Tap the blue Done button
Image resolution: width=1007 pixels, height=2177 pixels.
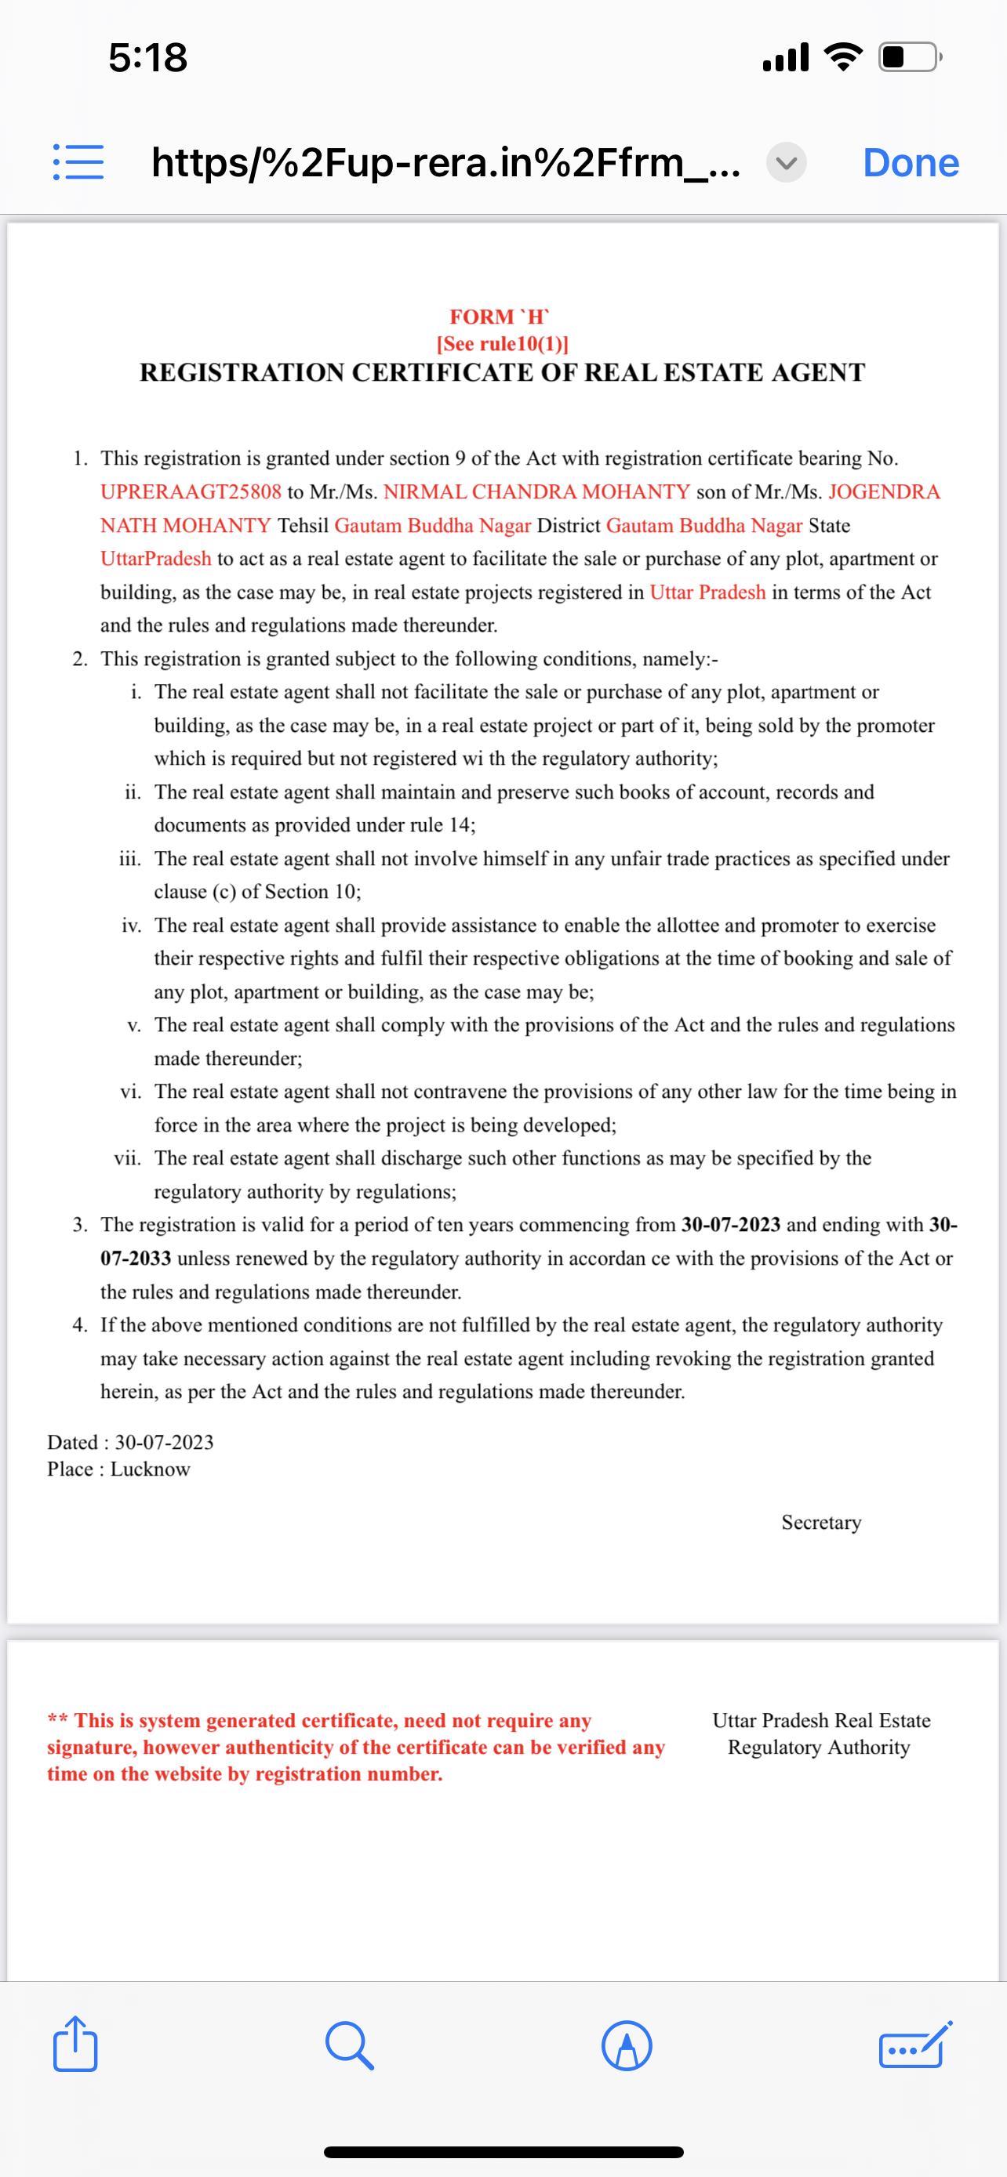pos(911,162)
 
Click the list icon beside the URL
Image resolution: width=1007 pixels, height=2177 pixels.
pos(78,161)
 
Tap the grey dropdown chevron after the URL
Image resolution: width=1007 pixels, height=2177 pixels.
pos(786,162)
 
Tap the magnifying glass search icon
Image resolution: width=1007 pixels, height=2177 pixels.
pos(348,2045)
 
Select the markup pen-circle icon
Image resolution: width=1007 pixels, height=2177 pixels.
pos(627,2045)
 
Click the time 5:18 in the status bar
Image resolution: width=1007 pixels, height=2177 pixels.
pos(148,57)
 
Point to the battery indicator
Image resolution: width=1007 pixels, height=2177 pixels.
pos(910,57)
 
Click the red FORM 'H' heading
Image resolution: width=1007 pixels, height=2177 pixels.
pos(500,317)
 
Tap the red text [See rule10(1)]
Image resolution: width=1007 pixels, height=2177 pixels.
pos(502,344)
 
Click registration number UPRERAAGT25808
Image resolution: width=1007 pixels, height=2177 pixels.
pos(191,492)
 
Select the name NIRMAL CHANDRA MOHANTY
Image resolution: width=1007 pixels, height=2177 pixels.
pos(537,492)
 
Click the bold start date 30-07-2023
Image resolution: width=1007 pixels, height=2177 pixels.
pos(730,1225)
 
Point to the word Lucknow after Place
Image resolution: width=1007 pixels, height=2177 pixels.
pos(151,1469)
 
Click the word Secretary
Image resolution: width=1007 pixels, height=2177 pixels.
pos(821,1522)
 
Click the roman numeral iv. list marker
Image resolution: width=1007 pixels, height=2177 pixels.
pos(131,925)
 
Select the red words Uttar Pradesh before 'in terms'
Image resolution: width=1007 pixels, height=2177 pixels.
pos(707,592)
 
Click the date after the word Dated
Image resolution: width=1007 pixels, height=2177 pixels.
pos(164,1442)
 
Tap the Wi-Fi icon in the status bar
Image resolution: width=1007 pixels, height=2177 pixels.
pos(843,57)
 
